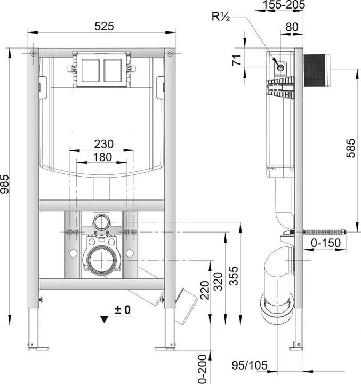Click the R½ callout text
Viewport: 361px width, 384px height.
221,17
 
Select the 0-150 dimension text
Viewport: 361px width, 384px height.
325,243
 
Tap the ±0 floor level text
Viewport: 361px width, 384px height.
122,309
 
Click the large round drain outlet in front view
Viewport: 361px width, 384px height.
102,260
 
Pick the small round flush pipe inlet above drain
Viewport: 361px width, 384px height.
101,221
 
